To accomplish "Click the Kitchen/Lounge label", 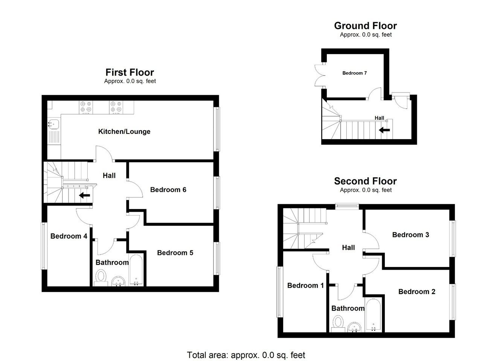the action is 124,132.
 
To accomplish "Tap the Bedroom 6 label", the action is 168,190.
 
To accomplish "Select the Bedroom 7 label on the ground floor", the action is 355,73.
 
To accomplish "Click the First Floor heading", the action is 130,73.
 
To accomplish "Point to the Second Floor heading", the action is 366,181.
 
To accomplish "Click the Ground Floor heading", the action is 366,26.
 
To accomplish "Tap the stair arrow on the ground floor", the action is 384,130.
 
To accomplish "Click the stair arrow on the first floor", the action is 85,196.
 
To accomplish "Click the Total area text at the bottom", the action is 246,355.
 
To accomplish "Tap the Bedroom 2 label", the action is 417,292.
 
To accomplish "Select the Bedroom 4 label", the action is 69,236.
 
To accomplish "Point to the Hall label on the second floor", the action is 348,247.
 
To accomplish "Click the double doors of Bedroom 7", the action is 320,75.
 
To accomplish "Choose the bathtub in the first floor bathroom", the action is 136,270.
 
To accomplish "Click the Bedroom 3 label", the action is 410,235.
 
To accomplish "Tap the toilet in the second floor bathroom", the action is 338,324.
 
